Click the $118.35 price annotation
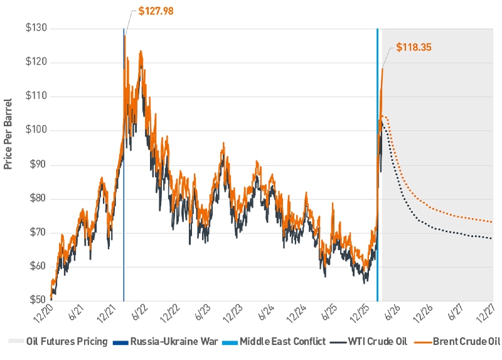coord(414,47)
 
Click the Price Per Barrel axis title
coord(9,135)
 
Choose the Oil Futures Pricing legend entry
coord(59,342)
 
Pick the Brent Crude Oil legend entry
coord(461,342)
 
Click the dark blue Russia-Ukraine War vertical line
coord(124,188)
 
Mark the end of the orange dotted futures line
coord(492,221)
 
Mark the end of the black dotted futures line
coord(492,238)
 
